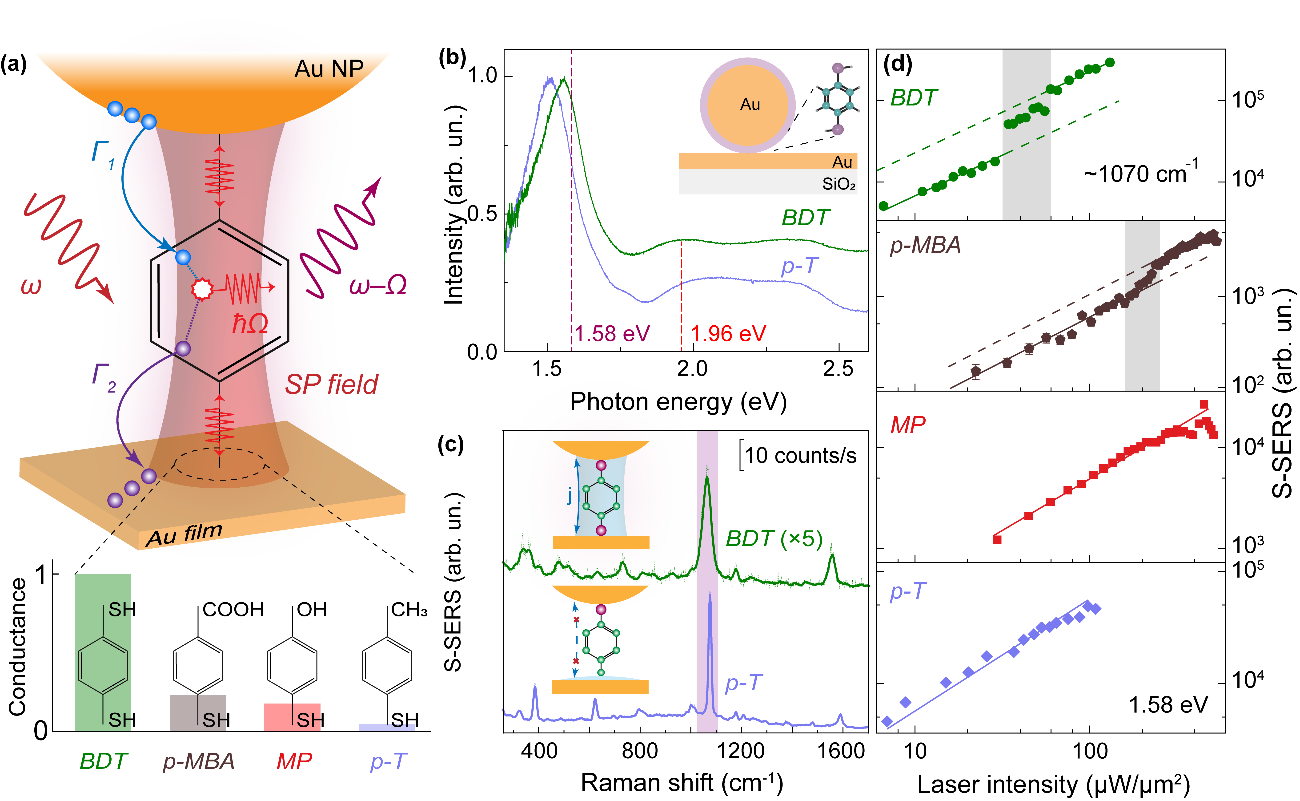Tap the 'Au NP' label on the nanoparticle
click(329, 69)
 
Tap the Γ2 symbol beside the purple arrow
click(103, 378)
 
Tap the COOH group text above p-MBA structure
click(233, 610)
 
